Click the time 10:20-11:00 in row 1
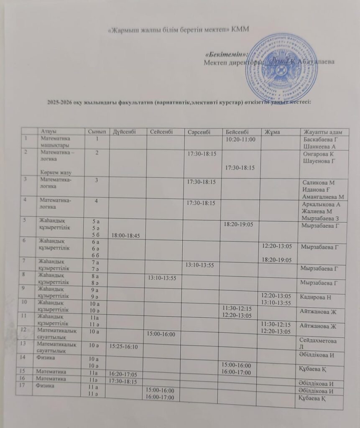click(x=240, y=139)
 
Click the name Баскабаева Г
click(x=321, y=139)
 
